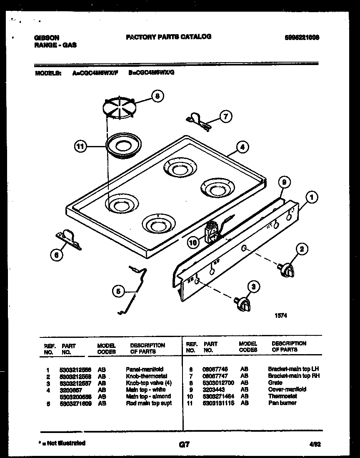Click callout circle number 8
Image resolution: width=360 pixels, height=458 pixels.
(157, 96)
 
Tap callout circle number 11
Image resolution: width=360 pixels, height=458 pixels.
(80, 146)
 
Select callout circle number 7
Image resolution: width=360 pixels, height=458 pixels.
(225, 117)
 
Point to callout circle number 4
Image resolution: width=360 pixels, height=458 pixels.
(242, 147)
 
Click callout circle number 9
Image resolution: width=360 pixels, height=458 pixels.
(284, 182)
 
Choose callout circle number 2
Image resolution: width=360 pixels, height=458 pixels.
(302, 250)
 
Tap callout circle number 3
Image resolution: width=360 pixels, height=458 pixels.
(252, 286)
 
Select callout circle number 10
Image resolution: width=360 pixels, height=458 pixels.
(192, 241)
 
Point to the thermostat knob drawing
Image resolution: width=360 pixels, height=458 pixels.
(287, 270)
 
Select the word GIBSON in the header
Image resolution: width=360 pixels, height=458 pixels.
(47, 38)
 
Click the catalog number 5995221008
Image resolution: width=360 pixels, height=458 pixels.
(303, 37)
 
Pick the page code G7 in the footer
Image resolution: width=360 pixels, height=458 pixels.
(183, 445)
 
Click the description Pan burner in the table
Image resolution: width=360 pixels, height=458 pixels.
(282, 403)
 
